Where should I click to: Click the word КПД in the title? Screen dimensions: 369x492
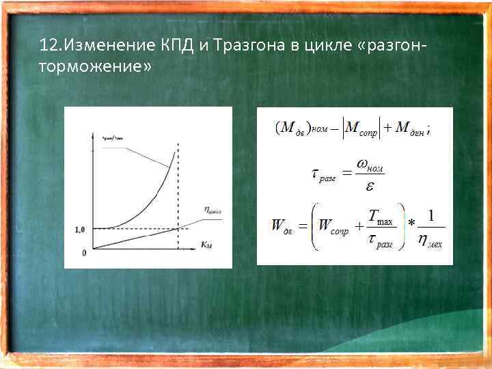point(179,46)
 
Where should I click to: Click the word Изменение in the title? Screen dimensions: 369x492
point(109,46)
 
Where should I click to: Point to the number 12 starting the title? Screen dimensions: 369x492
point(47,46)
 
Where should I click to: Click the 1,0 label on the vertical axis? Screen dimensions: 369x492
point(79,230)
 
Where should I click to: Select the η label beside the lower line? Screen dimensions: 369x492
point(213,212)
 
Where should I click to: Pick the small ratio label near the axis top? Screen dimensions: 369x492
point(112,137)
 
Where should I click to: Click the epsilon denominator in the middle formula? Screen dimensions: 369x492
point(370,185)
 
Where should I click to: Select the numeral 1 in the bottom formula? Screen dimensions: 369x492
point(430,215)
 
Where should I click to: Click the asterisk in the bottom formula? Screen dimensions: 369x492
point(411,224)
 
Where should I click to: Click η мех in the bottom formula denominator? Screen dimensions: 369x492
point(430,240)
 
